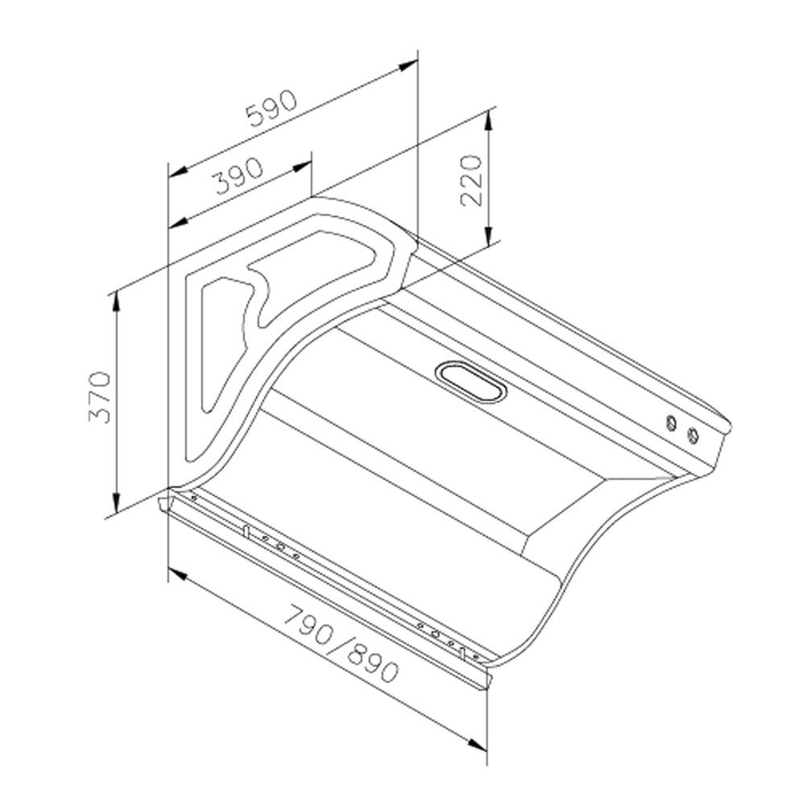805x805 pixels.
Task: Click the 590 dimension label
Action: (271, 109)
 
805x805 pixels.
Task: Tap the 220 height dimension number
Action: (471, 180)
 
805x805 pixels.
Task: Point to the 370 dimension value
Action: (100, 397)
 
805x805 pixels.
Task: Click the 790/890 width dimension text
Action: (341, 644)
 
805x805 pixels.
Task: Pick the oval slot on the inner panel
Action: (471, 382)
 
